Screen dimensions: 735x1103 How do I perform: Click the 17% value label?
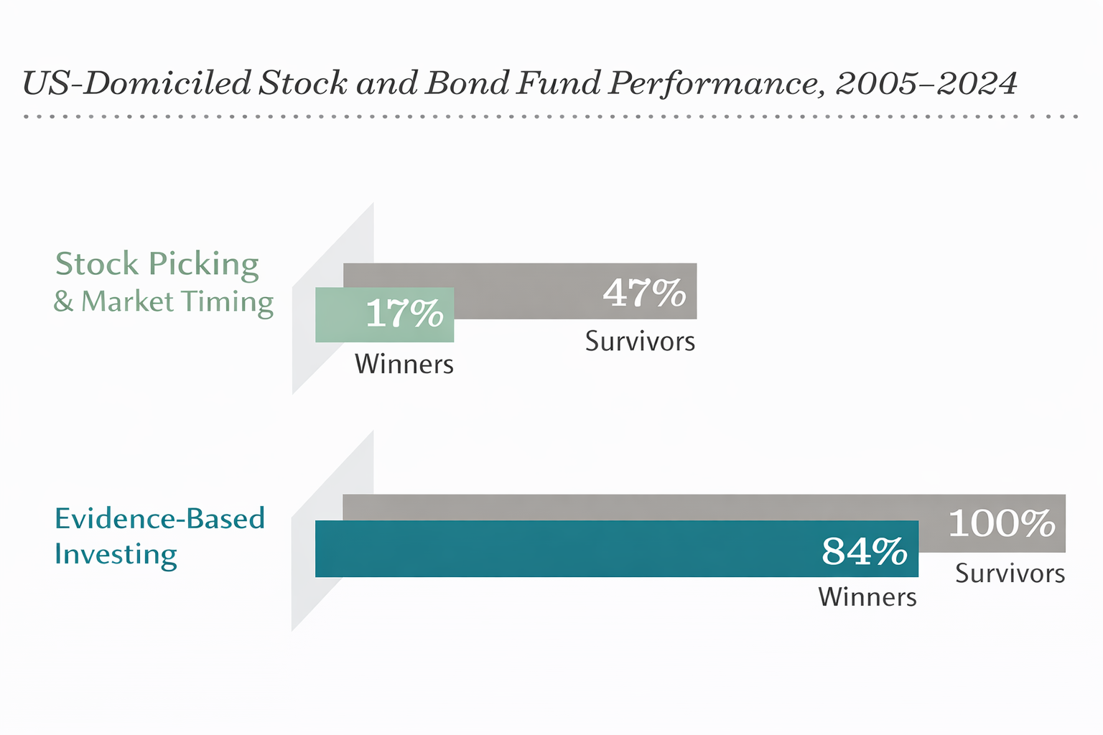coord(404,314)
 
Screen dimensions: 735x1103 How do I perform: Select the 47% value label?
coord(644,292)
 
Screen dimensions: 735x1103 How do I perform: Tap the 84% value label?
coord(865,551)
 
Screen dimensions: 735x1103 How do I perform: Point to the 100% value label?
coord(1002,523)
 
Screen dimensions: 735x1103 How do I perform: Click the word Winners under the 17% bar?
coord(404,365)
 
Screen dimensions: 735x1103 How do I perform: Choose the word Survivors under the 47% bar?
coord(640,342)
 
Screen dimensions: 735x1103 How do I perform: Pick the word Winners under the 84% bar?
coord(867,597)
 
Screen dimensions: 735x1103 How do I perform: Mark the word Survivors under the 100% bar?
coord(1010,574)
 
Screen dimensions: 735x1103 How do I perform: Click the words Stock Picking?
coord(157,264)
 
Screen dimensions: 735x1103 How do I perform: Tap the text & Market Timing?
coord(164,301)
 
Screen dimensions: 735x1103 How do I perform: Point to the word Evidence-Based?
coord(159,518)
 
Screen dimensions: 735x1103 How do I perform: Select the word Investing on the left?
coord(116,555)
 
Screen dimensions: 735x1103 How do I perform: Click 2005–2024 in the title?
coord(926,83)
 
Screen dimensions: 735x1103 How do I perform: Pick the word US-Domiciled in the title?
coord(136,83)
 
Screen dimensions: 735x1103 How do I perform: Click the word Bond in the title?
coord(465,83)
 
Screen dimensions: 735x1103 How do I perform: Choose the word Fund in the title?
coord(557,83)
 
